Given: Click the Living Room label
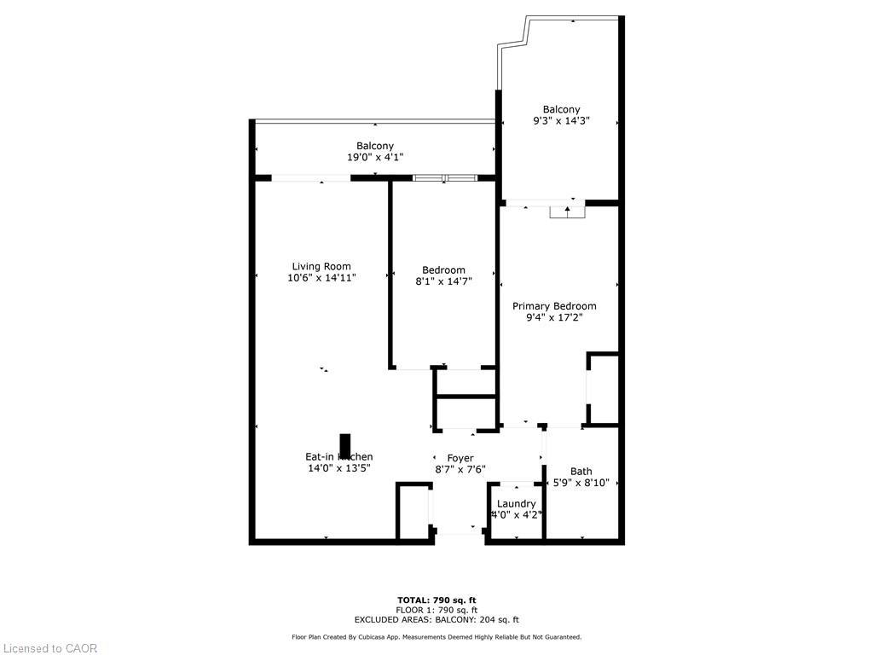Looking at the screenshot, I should tap(321, 266).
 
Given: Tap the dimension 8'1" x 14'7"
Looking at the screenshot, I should tap(443, 281).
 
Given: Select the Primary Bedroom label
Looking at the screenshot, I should tap(554, 306).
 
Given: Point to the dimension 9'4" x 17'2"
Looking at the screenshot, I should tap(554, 318).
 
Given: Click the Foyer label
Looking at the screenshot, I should tap(460, 458).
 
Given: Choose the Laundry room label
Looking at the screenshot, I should tap(516, 504).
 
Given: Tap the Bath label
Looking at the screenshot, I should tap(581, 472).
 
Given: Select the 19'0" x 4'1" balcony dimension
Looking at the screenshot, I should tap(375, 157).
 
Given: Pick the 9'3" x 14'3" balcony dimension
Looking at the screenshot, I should tap(561, 121).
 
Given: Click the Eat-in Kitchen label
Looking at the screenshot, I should tap(339, 457).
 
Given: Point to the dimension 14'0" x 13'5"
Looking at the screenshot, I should tap(339, 468).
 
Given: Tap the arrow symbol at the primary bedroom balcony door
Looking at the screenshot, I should tap(568, 210).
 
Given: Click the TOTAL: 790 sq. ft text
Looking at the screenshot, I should tap(436, 600).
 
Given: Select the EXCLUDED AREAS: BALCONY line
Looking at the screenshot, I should tap(436, 620).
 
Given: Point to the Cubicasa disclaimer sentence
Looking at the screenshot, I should tap(436, 637).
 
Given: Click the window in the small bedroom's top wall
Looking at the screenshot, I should tap(445, 177).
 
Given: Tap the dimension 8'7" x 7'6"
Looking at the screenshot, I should tap(460, 469).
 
